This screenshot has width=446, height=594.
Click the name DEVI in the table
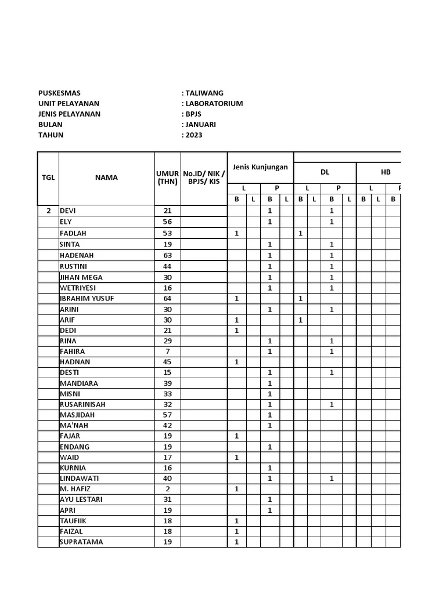point(69,211)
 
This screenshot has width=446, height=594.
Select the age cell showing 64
point(167,299)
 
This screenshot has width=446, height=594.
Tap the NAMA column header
point(106,178)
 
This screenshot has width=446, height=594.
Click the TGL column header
point(48,178)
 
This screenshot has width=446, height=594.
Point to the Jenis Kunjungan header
point(260,167)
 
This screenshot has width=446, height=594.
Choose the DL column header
point(325,172)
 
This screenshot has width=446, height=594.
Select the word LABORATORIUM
point(214,103)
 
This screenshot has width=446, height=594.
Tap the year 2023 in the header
point(194,135)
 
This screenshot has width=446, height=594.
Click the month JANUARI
point(202,124)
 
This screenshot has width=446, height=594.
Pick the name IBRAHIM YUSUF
point(87,299)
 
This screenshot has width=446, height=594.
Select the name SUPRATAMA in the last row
point(81,542)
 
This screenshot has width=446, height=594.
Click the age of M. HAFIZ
point(167,489)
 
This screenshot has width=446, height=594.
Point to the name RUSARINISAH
point(82,404)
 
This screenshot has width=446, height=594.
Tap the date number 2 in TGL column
point(48,211)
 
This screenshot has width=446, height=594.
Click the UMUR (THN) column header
point(167,178)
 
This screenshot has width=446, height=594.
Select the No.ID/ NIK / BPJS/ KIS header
point(203,178)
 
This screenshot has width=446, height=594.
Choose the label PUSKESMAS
point(59,93)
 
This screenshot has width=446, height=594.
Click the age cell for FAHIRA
point(167,352)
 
